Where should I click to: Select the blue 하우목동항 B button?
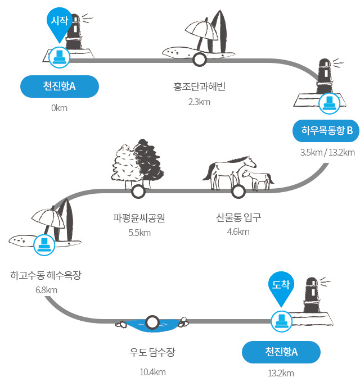pyautogui.click(x=326, y=131)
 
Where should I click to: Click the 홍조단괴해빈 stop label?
pyautogui.click(x=199, y=87)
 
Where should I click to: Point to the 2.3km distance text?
pyautogui.click(x=199, y=102)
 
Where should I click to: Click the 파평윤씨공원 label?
pyautogui.click(x=139, y=218)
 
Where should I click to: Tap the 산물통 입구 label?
pyautogui.click(x=238, y=217)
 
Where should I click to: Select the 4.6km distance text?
pyautogui.click(x=238, y=231)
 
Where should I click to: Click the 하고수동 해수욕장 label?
pyautogui.click(x=46, y=275)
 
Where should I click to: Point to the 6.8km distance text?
pyautogui.click(x=46, y=290)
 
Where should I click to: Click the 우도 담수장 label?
pyautogui.click(x=152, y=352)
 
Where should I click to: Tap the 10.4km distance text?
pyautogui.click(x=152, y=372)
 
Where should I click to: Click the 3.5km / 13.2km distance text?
pyautogui.click(x=327, y=152)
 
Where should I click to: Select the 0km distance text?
pyautogui.click(x=59, y=108)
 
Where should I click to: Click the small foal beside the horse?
pyautogui.click(x=258, y=179)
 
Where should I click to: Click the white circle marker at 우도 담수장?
pyautogui.click(x=152, y=322)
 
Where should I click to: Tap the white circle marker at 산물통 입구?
pyautogui.click(x=238, y=192)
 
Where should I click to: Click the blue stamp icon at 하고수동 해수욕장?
pyautogui.click(x=44, y=245)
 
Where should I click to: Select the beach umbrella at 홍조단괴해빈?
pyautogui.click(x=201, y=31)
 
